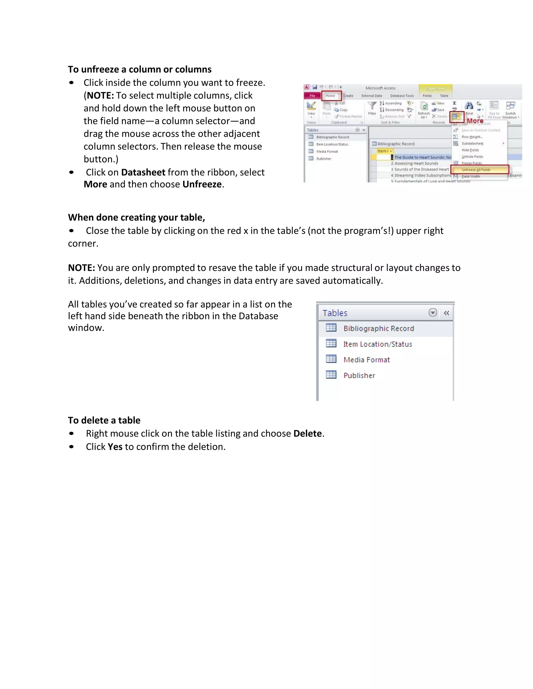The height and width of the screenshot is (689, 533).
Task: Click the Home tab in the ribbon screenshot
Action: tap(331, 96)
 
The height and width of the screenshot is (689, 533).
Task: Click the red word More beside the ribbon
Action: tap(475, 121)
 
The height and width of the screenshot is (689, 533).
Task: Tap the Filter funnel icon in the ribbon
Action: tap(372, 106)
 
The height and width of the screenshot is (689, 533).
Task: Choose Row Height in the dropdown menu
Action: tap(472, 137)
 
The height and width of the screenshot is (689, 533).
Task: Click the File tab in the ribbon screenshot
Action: tap(312, 96)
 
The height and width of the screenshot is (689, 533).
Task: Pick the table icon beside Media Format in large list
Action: tap(331, 359)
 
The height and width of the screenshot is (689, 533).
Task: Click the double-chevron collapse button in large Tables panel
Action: tap(446, 313)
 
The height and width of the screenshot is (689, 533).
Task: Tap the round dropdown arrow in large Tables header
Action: tap(433, 313)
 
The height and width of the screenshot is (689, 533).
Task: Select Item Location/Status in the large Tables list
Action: tap(377, 344)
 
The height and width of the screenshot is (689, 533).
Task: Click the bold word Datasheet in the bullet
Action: tap(143, 172)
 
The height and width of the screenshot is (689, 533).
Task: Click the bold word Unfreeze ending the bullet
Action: tap(202, 184)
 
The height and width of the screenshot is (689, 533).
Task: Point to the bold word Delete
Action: tap(307, 433)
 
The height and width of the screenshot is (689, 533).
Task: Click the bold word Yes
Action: tap(115, 447)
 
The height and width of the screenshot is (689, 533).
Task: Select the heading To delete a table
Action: tap(104, 420)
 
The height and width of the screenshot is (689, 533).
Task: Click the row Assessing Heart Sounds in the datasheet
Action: tap(416, 164)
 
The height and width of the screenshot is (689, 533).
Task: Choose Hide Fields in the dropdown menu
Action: tap(470, 150)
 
